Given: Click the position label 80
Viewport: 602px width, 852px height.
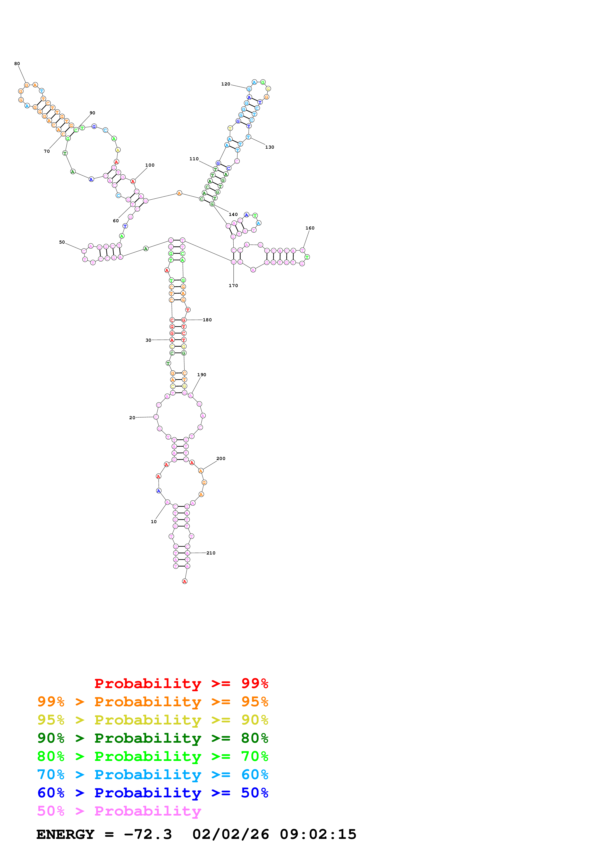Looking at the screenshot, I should (x=17, y=64).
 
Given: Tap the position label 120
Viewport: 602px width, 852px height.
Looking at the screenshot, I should (x=226, y=84).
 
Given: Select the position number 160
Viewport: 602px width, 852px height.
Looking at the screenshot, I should (x=310, y=228).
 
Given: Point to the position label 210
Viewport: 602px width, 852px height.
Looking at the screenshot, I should (x=211, y=553).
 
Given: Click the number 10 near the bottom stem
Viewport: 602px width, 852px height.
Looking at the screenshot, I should (x=153, y=522).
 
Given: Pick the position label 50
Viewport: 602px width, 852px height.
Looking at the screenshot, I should (x=62, y=242).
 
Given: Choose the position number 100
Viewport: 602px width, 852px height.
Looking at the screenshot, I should (x=150, y=165).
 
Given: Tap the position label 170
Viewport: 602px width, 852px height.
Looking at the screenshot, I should (x=233, y=286).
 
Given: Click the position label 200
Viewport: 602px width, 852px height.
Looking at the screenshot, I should (x=221, y=459).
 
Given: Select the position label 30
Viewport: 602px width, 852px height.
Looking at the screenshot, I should (x=148, y=340).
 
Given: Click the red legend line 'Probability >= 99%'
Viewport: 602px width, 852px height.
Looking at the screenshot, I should (x=181, y=683).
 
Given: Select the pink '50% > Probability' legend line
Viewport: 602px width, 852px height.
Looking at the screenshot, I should (x=119, y=811).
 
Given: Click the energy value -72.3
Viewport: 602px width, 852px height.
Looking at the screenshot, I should (x=148, y=835).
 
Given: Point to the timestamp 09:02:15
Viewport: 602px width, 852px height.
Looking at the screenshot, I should (x=318, y=835).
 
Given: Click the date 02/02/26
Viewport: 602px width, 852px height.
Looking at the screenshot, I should (x=230, y=835).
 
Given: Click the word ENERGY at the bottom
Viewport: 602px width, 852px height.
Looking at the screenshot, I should (x=65, y=835).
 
